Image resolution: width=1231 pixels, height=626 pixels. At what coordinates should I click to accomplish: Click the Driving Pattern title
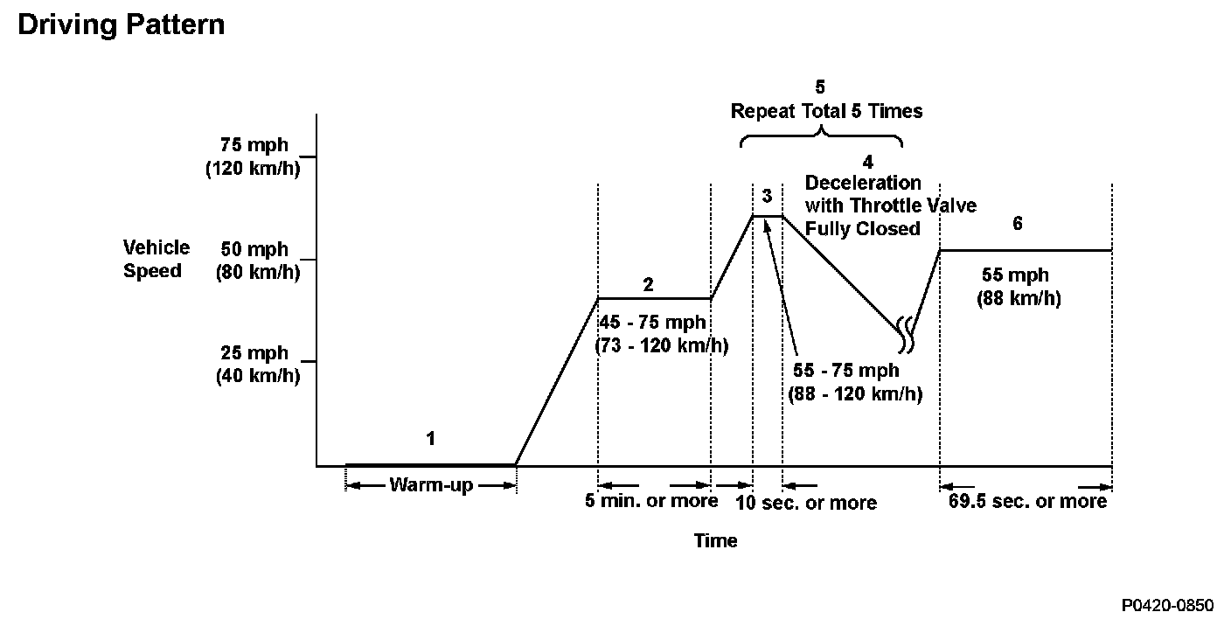coord(121,24)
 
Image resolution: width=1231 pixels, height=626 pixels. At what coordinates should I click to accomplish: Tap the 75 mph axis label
coord(254,146)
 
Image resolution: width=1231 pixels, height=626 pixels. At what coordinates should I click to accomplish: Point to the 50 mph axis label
coord(254,250)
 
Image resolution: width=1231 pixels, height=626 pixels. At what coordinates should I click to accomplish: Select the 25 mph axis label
coord(254,354)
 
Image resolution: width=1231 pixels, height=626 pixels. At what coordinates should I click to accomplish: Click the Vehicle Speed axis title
coord(156,259)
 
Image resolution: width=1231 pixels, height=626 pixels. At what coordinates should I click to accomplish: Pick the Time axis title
coord(715,541)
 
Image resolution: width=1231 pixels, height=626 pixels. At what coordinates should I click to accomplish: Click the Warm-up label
coord(430,485)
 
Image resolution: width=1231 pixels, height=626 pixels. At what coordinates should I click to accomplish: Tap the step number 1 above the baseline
coord(430,439)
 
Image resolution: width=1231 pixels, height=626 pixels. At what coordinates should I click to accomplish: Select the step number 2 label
coord(648,285)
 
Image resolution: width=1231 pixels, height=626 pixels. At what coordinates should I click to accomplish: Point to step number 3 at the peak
coord(767,195)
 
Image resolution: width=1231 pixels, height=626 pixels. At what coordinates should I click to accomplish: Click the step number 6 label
coord(1017,224)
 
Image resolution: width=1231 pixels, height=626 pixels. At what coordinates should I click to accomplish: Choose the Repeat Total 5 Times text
coord(826,111)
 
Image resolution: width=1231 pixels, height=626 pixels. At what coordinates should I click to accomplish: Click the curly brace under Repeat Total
coord(821,136)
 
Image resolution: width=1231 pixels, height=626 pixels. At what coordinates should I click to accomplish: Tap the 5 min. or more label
coord(651,501)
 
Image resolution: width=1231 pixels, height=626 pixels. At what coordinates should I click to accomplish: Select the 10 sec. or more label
coord(805,503)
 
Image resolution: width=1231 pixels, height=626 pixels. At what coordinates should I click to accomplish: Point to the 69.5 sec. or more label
coord(1027,502)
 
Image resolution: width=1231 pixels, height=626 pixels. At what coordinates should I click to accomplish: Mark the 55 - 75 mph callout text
coord(845,371)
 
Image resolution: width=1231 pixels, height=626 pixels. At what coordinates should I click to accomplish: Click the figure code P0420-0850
coord(1168,605)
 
